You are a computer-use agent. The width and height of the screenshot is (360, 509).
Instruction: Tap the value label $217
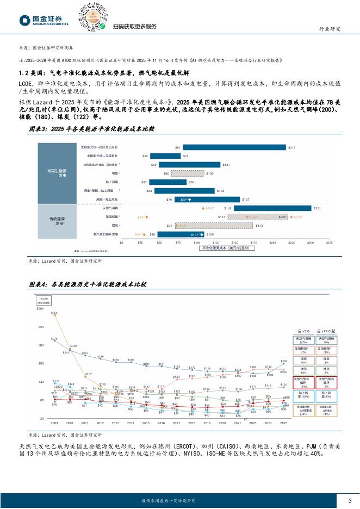pos(291,147)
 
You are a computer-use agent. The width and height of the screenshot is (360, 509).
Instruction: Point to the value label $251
pos(317,208)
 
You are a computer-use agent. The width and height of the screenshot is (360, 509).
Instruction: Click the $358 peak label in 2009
pos(54,313)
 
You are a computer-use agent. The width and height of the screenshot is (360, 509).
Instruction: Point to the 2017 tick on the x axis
pos(176,422)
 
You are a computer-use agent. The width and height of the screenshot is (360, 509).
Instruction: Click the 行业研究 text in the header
pos(329,28)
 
